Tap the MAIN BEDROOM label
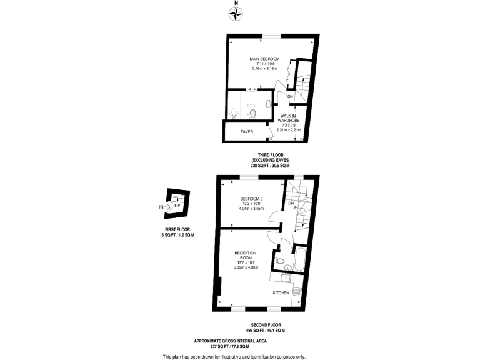pyautogui.click(x=264, y=59)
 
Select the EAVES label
pyautogui.click(x=247, y=132)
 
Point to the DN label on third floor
pyautogui.click(x=290, y=97)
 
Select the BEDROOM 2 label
pyautogui.click(x=252, y=199)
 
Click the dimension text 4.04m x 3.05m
pyautogui.click(x=252, y=209)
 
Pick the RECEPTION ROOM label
pyautogui.click(x=245, y=256)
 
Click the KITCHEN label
pyautogui.click(x=280, y=292)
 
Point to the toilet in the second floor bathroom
pyautogui.click(x=281, y=261)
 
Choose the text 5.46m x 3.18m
pyautogui.click(x=264, y=69)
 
